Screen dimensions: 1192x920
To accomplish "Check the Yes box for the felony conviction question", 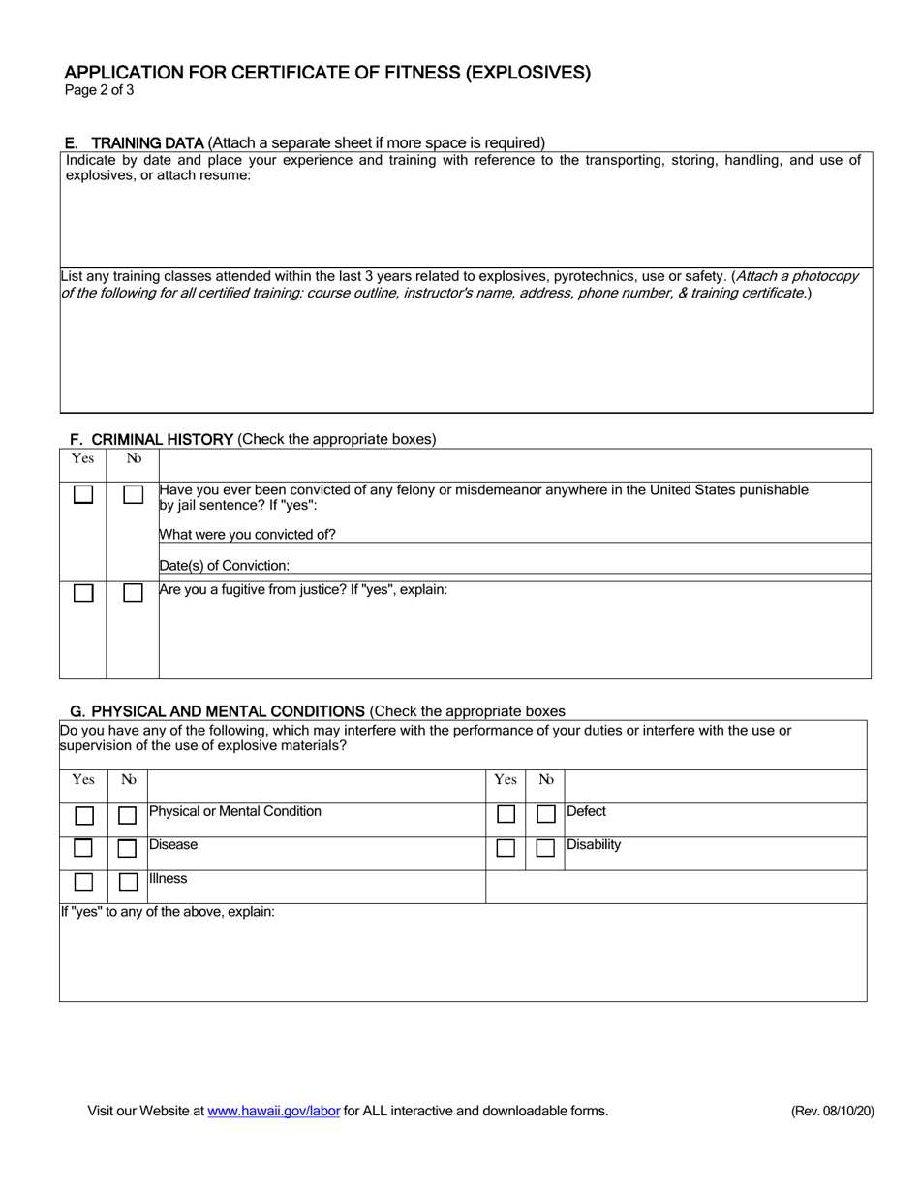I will [83, 494].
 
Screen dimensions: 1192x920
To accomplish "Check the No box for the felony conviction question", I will [133, 494].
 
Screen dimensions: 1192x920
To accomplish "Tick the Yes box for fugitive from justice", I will [83, 593].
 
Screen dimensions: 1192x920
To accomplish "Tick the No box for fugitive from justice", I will [133, 593].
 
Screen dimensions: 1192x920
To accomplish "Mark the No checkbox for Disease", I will [127, 849].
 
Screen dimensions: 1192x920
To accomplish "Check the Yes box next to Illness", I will [84, 882].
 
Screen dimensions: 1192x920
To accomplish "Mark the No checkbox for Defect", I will [545, 815].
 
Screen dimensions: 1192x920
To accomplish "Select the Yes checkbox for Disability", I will [506, 848].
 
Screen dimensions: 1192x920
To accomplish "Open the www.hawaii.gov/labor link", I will [273, 1112].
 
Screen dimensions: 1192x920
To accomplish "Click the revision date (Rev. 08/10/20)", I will [832, 1112].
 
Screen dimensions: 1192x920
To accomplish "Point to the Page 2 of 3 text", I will [99, 91].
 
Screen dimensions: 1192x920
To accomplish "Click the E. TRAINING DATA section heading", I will [134, 142].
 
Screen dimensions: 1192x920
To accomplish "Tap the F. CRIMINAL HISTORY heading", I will [152, 439].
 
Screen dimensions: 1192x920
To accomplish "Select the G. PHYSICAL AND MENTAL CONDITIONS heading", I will [218, 711].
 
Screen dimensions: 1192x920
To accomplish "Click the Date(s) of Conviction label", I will [224, 566].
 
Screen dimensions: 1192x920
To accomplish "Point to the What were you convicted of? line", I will [248, 534].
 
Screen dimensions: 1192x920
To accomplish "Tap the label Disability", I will [594, 845].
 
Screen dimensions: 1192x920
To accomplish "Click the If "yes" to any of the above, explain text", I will [168, 912].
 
